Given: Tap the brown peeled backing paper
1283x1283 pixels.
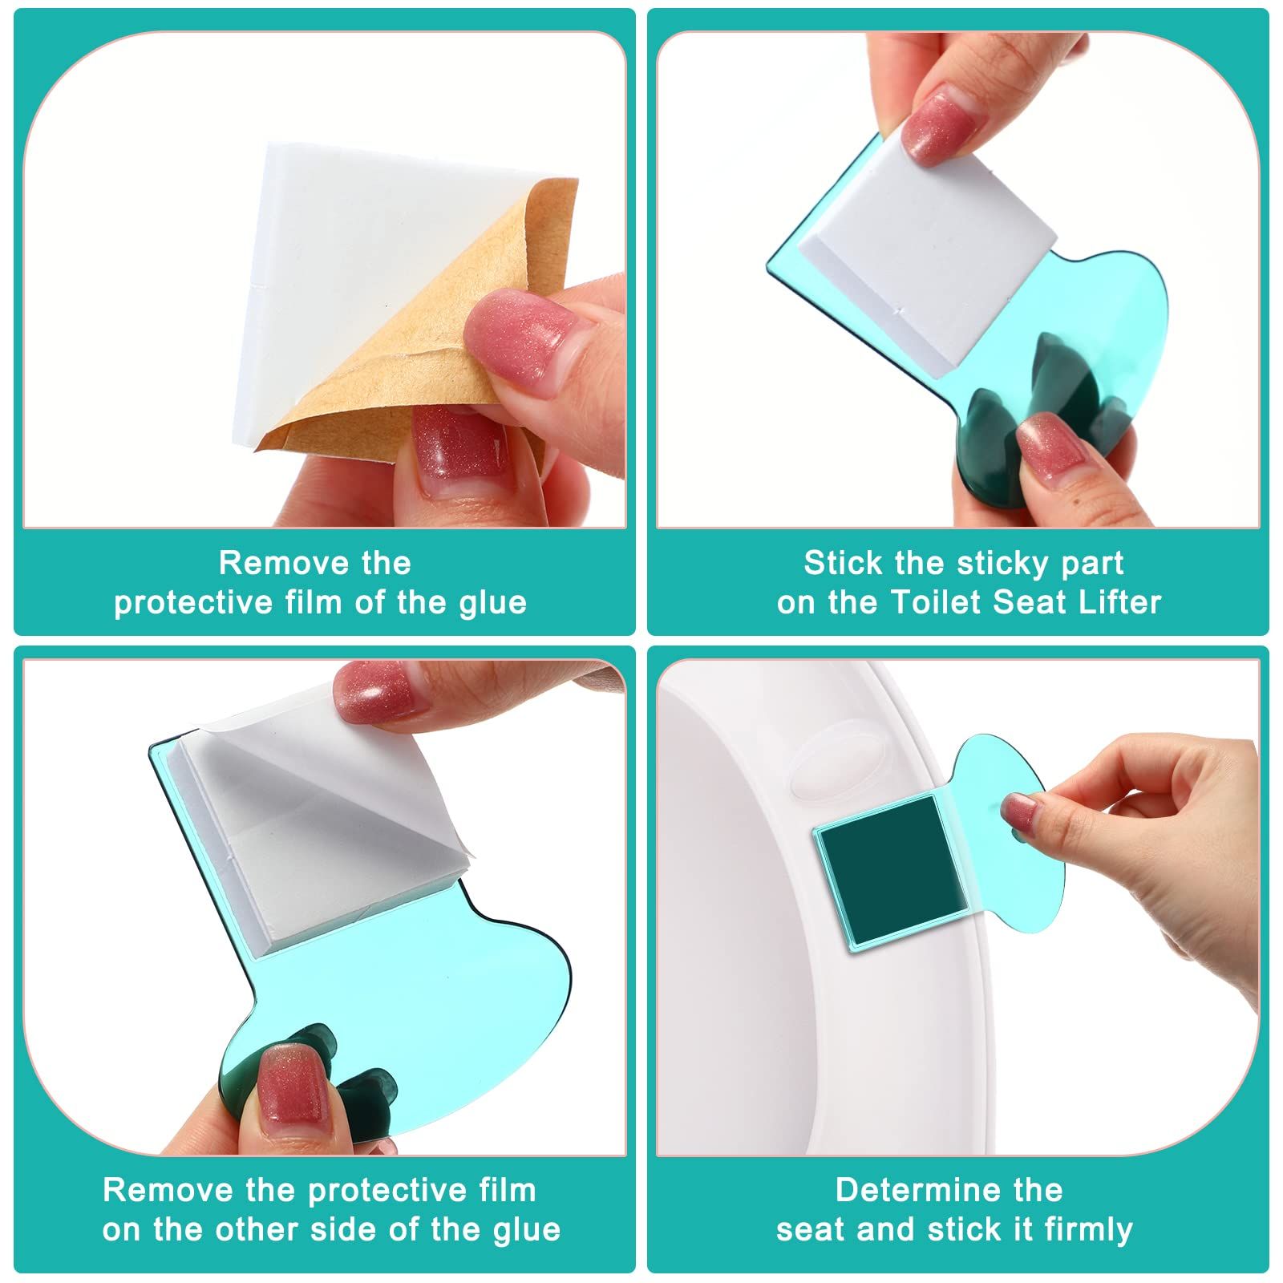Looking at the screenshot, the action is point(425,337).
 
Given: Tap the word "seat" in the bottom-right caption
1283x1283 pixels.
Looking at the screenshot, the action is point(811,1230).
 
